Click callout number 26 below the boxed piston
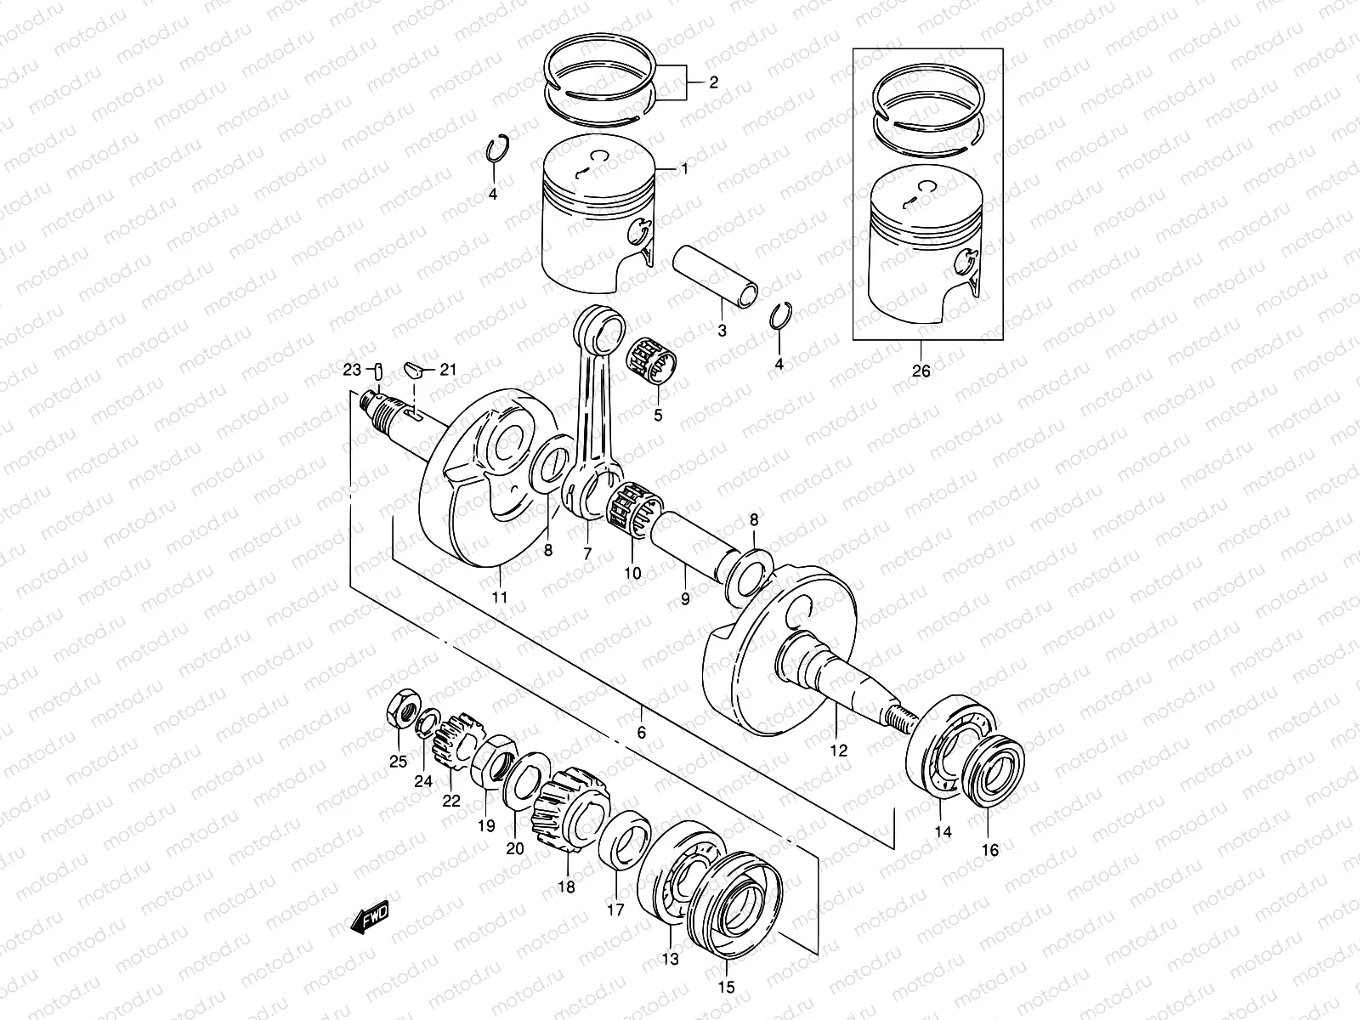[921, 371]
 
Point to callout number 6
[641, 733]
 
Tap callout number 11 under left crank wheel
[500, 598]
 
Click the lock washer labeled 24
[428, 722]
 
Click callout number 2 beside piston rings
[714, 82]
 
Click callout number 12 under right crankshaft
[839, 751]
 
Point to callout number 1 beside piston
[683, 169]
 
